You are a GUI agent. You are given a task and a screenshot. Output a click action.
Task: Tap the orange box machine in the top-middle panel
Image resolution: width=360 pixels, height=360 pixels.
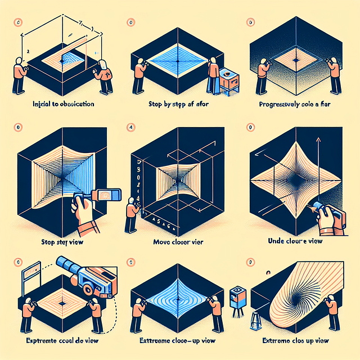pos(229,79)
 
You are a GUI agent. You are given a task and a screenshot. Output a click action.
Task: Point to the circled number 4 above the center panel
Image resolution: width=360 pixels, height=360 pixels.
pos(132,127)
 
